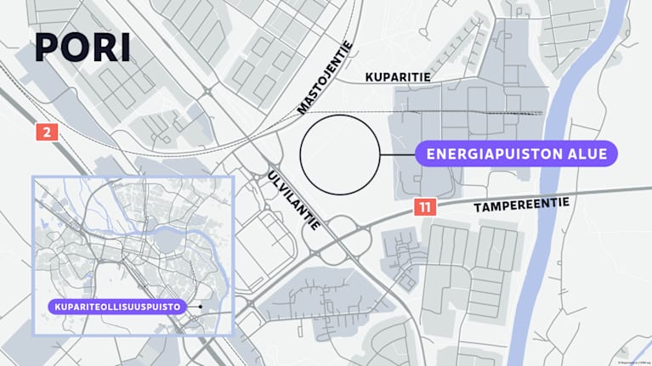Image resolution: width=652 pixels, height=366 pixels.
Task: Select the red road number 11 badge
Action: (x=425, y=206)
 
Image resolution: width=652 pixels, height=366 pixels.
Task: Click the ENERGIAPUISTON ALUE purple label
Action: (x=515, y=155)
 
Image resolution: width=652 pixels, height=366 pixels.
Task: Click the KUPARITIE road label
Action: (x=398, y=77)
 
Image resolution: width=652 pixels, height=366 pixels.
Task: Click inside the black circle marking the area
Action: (x=339, y=155)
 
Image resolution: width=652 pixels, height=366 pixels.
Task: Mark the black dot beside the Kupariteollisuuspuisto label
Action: (x=200, y=307)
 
